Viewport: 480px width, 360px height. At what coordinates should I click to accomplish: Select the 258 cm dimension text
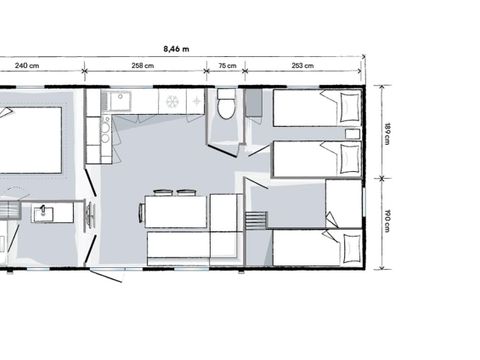click(x=143, y=67)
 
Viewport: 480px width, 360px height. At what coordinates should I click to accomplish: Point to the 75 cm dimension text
click(x=227, y=67)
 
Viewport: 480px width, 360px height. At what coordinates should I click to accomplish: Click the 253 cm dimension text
click(x=302, y=67)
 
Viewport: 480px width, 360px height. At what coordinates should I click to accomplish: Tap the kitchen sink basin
click(x=120, y=100)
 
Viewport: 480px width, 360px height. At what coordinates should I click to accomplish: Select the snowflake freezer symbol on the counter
click(x=172, y=102)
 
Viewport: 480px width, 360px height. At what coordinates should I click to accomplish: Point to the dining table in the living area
click(x=176, y=211)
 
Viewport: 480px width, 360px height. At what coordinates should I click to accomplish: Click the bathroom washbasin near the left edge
click(x=44, y=213)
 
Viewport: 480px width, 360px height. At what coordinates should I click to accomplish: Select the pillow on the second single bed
click(x=349, y=157)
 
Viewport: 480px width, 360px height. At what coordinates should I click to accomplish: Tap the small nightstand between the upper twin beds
click(x=352, y=133)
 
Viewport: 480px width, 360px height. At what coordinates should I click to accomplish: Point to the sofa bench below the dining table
click(x=178, y=247)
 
